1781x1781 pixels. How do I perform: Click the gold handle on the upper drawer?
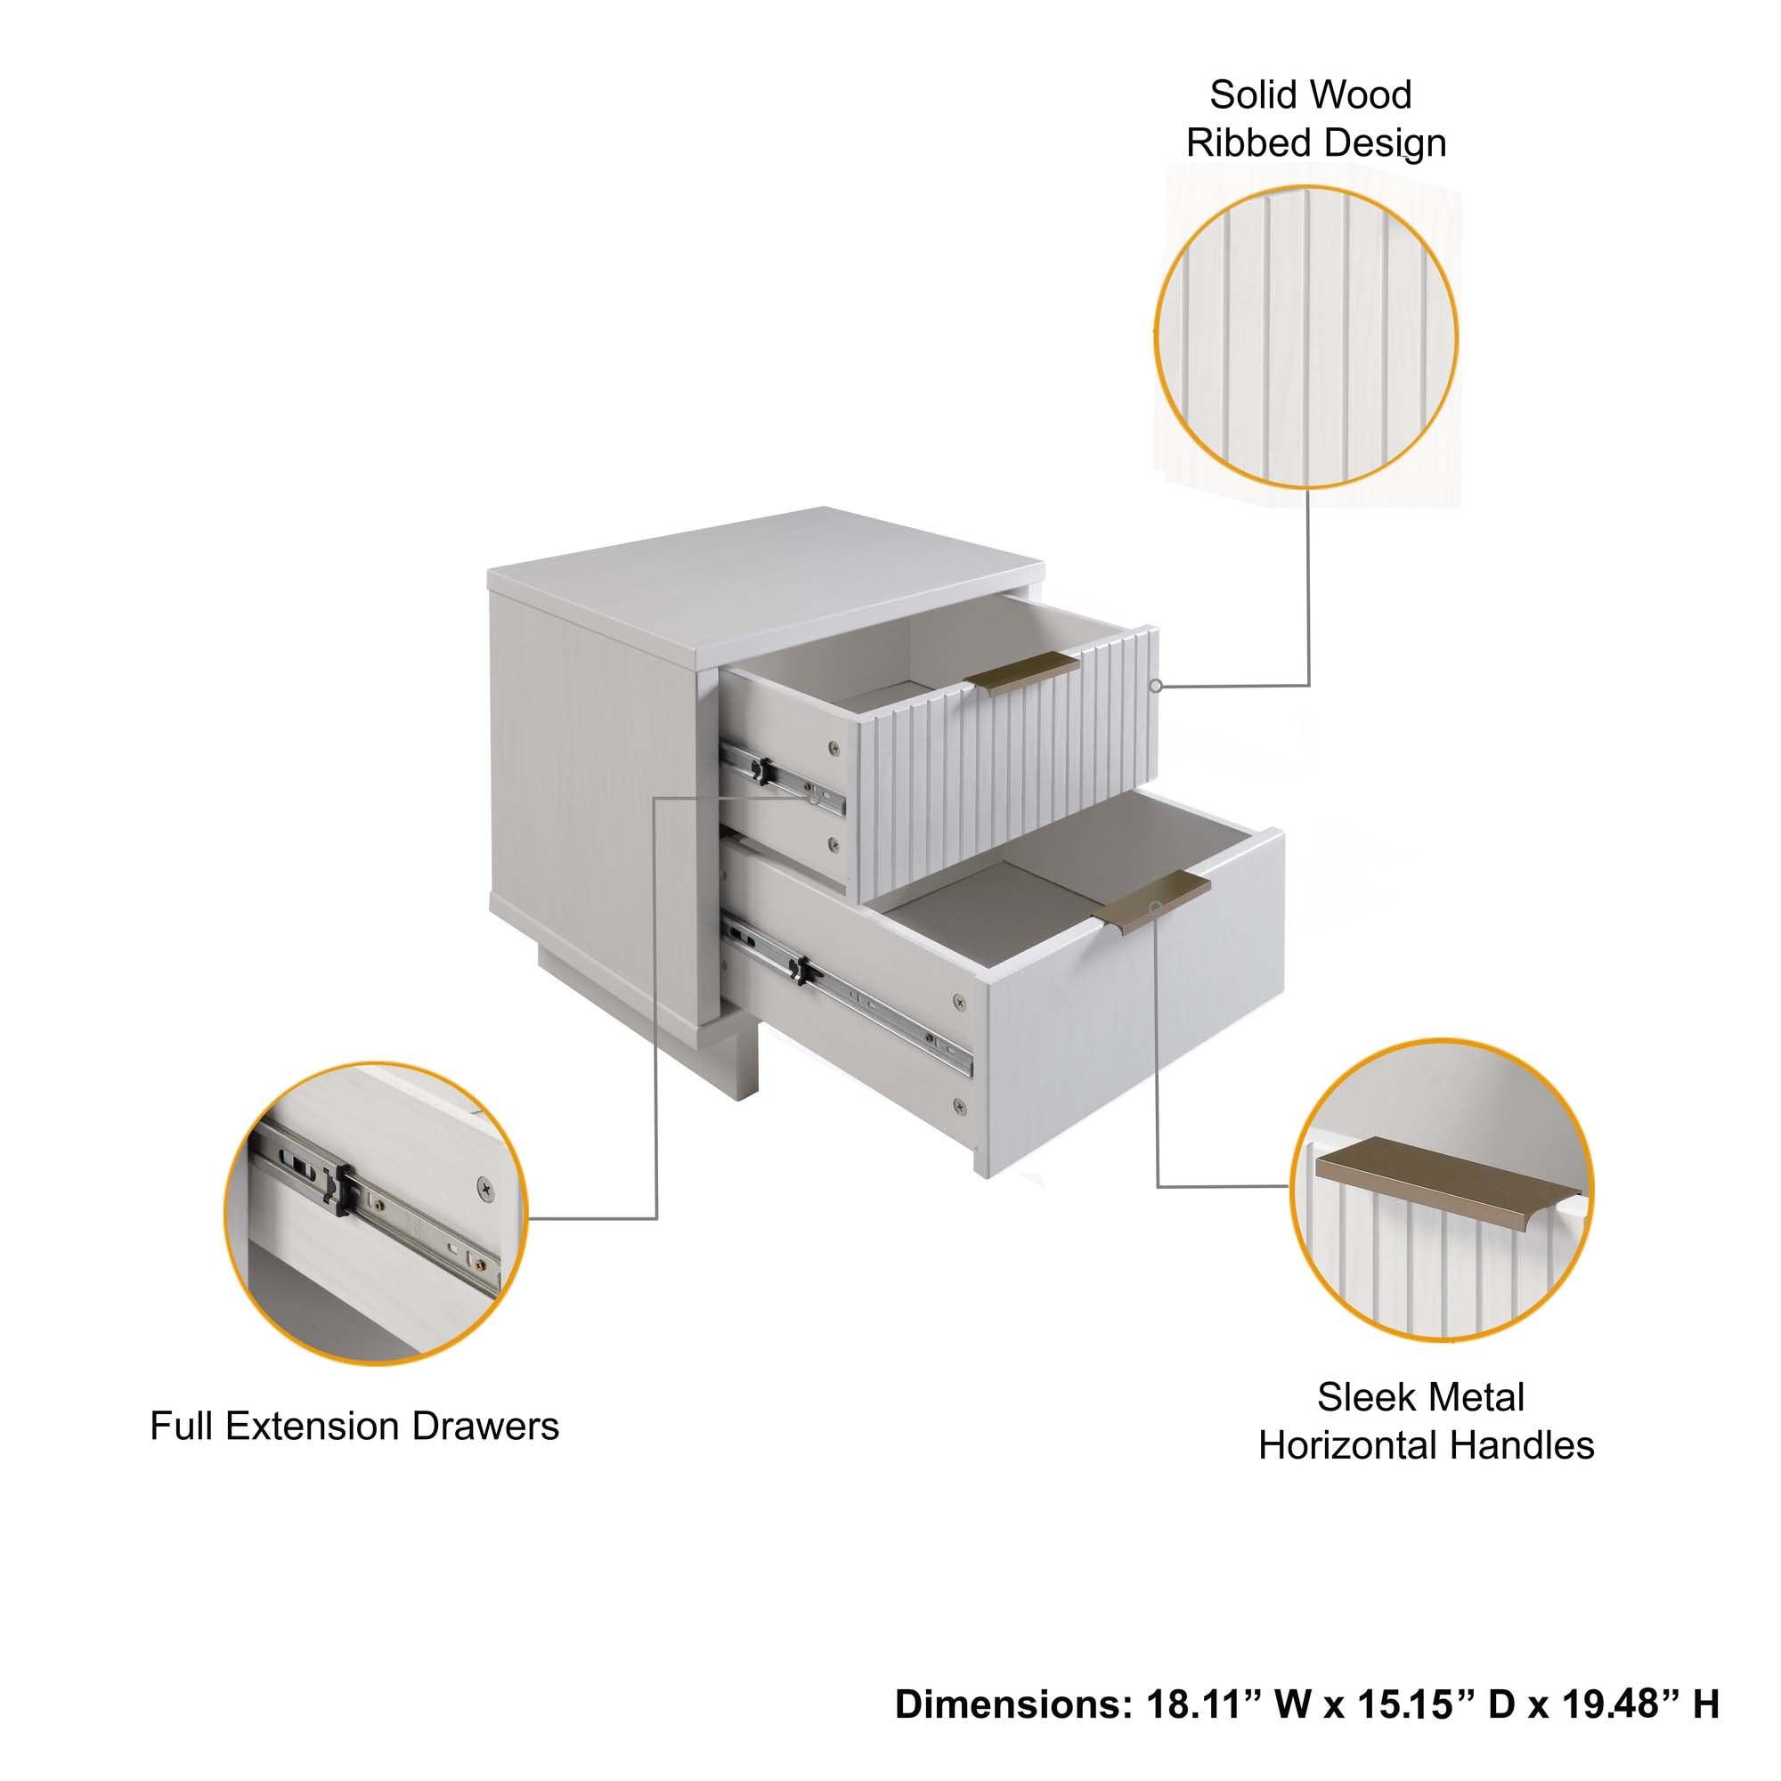click(x=1022, y=673)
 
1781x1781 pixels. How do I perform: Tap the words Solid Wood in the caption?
click(x=1310, y=95)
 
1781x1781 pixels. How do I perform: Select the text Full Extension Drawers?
click(x=354, y=1426)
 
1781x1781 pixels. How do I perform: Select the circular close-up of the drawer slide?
click(x=375, y=1213)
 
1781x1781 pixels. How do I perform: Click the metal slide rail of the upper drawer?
click(x=782, y=779)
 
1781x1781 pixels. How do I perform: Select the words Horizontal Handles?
click(x=1425, y=1445)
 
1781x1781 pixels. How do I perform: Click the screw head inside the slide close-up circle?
click(x=485, y=1187)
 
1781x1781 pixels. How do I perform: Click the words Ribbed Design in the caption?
click(x=1315, y=143)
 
